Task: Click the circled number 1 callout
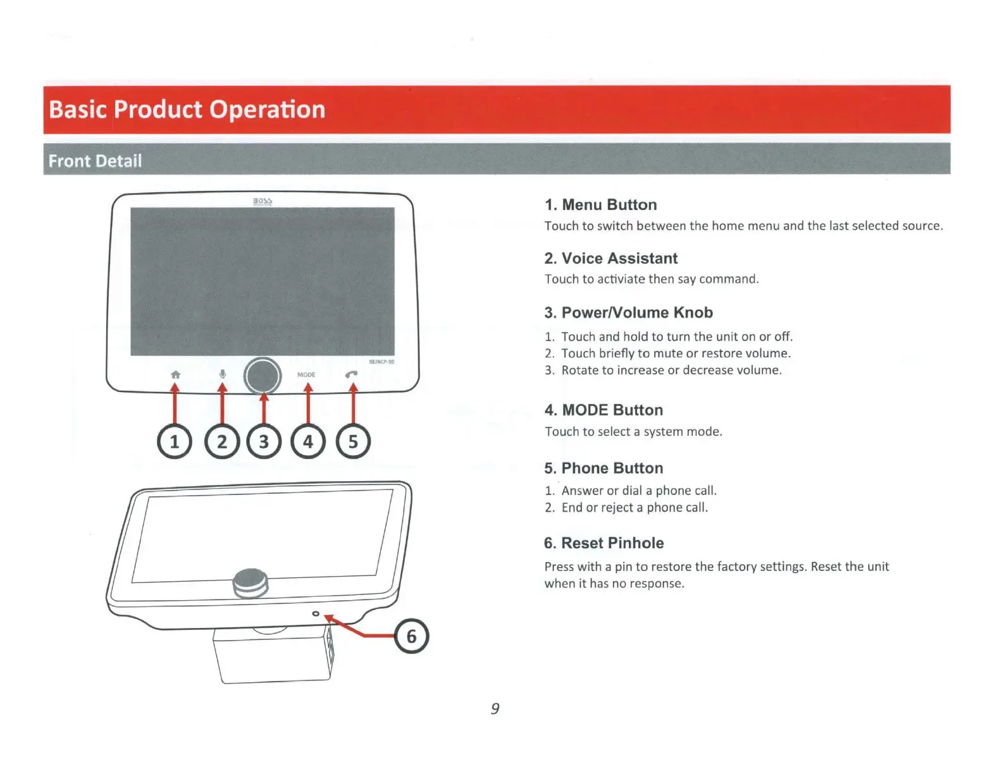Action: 175,441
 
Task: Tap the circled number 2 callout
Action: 222,441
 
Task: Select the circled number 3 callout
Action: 264,441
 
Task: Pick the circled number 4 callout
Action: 308,441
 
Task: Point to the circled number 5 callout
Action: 353,441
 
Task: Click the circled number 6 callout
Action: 411,636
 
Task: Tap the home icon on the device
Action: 175,374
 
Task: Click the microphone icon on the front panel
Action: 222,374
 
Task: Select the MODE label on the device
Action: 306,375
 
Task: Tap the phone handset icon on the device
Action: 352,374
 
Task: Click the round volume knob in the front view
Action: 263,376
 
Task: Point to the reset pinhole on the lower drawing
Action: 316,613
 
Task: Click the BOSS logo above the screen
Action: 263,202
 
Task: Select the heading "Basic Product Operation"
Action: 187,109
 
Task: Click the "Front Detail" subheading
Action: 95,161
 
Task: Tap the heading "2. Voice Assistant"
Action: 610,258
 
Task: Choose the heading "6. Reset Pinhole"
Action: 603,543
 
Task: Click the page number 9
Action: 495,708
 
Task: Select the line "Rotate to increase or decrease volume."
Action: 671,370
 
